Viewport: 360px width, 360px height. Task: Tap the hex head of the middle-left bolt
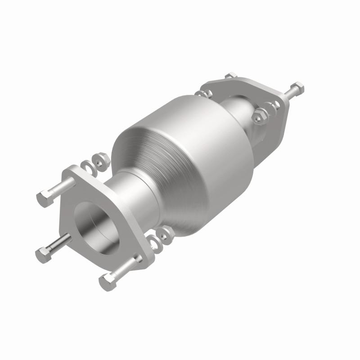tap(44, 255)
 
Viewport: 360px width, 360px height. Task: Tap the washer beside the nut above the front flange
tap(89, 165)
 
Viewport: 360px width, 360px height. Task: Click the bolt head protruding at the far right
tap(297, 87)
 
